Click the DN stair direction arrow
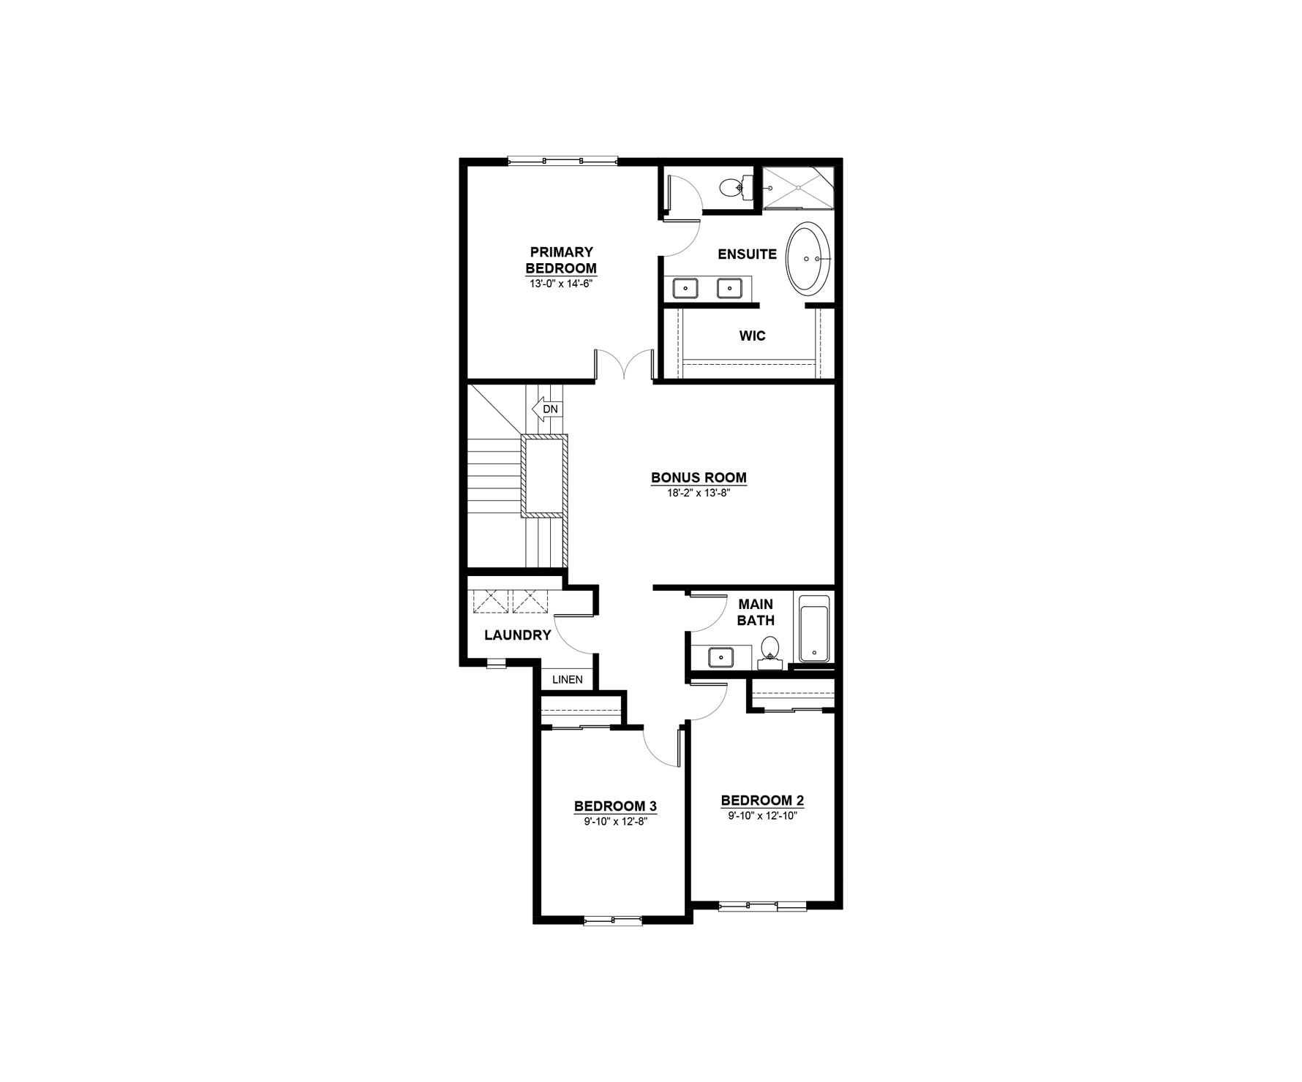(547, 409)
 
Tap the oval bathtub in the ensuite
(808, 258)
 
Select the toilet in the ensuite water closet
(732, 188)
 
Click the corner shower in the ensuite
(798, 188)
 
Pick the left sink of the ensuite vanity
(685, 288)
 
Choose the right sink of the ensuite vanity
(729, 288)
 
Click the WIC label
(752, 336)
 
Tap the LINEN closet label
(568, 680)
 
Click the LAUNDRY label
(518, 635)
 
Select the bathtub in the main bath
(814, 629)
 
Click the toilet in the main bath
(769, 652)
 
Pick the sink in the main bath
(721, 657)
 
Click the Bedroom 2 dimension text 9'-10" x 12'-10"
(761, 816)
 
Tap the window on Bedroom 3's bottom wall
(613, 920)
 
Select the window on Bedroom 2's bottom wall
(762, 906)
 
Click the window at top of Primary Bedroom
(562, 161)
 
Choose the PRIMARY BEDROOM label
(561, 260)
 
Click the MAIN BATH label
(756, 613)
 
